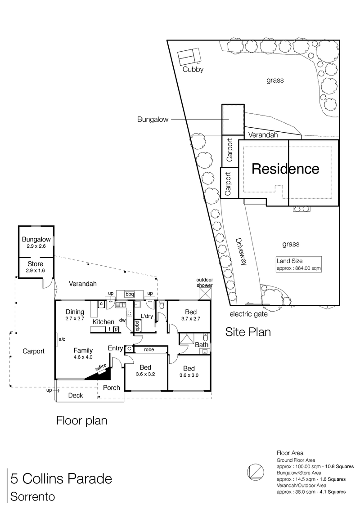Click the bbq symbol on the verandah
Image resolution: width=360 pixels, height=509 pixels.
130,294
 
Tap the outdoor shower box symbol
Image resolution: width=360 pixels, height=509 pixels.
205,294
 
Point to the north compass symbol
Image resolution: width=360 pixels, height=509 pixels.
255,472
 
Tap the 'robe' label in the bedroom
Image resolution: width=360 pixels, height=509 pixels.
149,349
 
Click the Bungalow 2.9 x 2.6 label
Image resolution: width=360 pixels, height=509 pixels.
36,243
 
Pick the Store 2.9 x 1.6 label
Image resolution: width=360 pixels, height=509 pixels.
36,267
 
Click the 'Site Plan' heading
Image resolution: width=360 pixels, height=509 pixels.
248,332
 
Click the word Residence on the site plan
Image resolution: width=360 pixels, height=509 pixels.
285,169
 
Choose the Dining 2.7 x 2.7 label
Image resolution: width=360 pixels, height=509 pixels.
75,315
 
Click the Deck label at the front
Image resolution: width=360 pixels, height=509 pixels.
75,395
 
